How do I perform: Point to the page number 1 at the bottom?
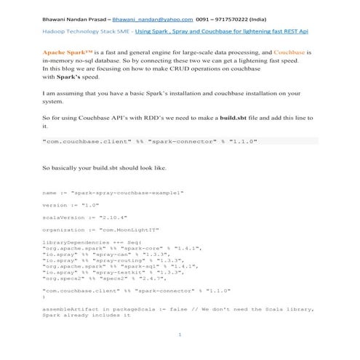(x=180, y=334)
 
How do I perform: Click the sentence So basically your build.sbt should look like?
(x=104, y=168)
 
